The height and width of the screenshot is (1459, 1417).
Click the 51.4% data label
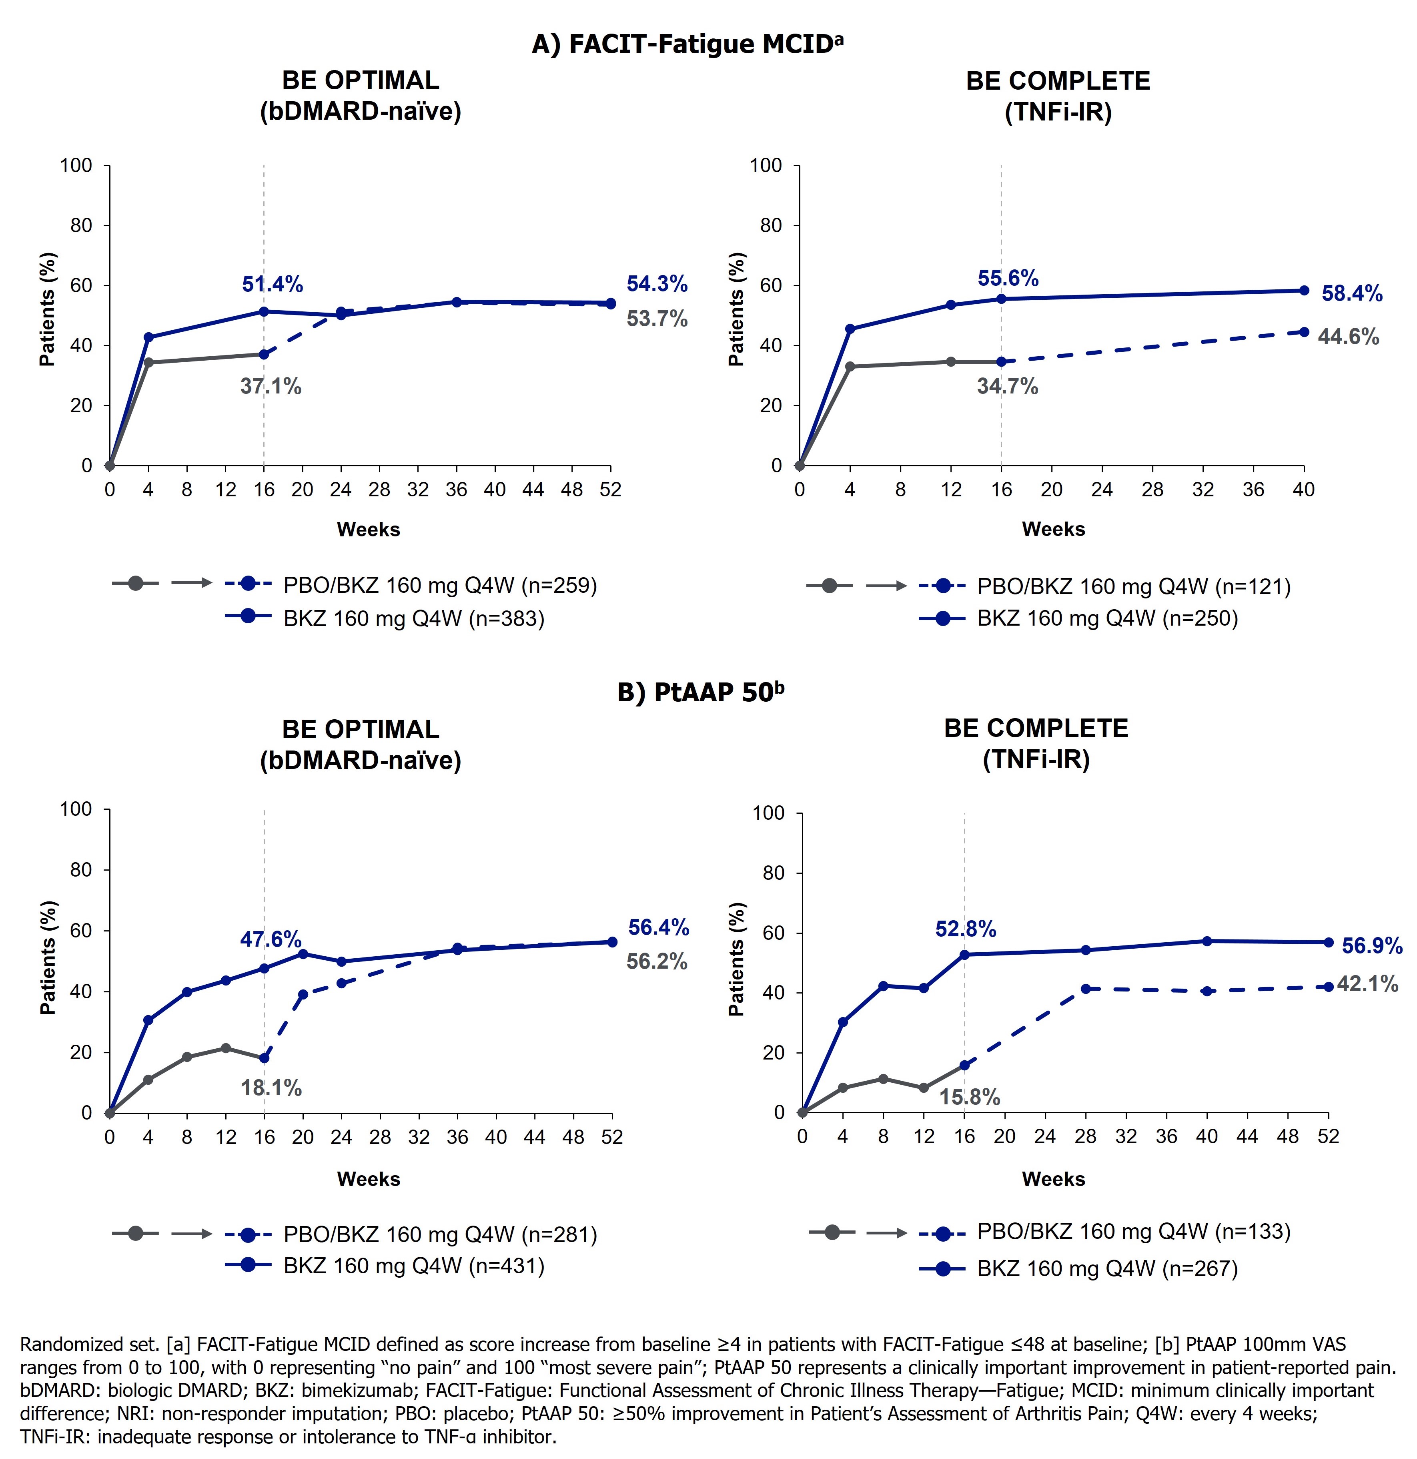point(273,284)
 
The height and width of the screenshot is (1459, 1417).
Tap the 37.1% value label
point(271,386)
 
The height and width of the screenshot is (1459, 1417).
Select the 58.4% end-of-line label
point(1351,294)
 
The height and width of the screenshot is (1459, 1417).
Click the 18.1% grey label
point(271,1088)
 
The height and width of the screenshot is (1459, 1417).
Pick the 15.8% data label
point(969,1097)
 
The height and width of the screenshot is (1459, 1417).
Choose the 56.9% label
point(1372,946)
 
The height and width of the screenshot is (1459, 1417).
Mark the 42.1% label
point(1367,984)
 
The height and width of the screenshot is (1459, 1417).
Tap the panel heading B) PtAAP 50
point(700,692)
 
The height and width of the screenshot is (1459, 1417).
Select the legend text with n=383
point(414,618)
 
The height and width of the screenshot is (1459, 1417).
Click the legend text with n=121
point(1133,586)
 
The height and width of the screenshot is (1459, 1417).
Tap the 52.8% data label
point(965,929)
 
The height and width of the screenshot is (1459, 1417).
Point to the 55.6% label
point(1008,279)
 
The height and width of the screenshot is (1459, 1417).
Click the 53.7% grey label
point(656,319)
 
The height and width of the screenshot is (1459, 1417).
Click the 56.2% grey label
point(656,962)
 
